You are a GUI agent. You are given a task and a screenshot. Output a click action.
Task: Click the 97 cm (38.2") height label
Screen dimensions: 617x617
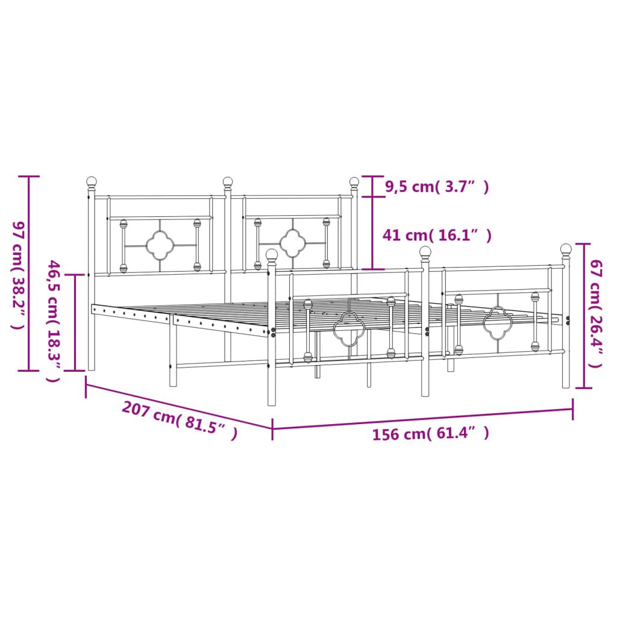17,274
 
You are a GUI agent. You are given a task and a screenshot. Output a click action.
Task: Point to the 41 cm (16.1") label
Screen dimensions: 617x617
437,235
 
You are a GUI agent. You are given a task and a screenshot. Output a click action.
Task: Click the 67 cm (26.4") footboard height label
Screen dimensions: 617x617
596,313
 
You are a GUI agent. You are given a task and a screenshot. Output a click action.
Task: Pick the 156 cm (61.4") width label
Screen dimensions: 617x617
430,433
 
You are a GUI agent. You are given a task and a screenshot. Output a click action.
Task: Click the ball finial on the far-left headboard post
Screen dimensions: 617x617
91,181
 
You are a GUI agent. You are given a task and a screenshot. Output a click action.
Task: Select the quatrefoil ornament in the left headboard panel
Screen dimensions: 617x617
160,245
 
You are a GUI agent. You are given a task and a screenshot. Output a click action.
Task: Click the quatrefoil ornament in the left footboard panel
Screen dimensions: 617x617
349,329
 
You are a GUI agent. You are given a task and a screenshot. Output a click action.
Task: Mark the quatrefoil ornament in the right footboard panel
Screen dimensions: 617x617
497,322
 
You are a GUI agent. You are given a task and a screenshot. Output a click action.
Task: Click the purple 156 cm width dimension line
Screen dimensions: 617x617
422,419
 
